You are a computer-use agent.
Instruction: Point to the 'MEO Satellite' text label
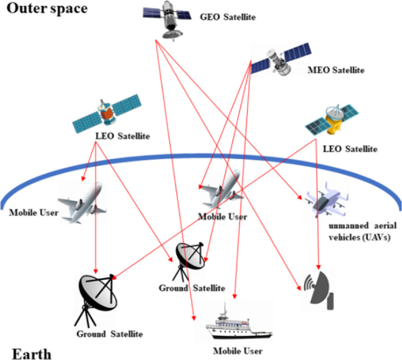(x=335, y=70)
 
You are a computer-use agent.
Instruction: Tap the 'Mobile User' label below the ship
(x=237, y=351)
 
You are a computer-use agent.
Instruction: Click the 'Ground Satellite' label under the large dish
(x=110, y=334)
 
